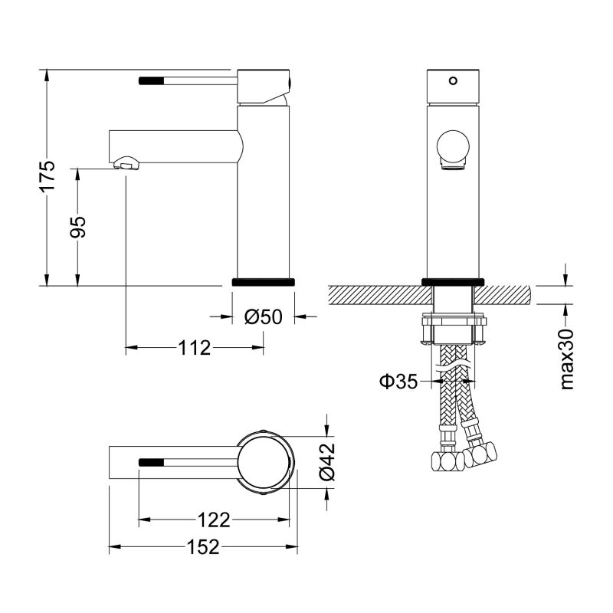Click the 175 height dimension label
pos(48,177)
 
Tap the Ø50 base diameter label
pos(264,316)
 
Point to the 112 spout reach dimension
pos(195,348)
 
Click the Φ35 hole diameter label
pos(398,381)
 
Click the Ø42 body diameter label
pos(327,464)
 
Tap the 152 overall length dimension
pos(203,547)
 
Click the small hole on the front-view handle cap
pos(452,79)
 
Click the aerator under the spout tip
pos(127,164)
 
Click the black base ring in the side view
pos(263,281)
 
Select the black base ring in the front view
pos(453,280)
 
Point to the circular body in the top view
pos(265,462)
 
